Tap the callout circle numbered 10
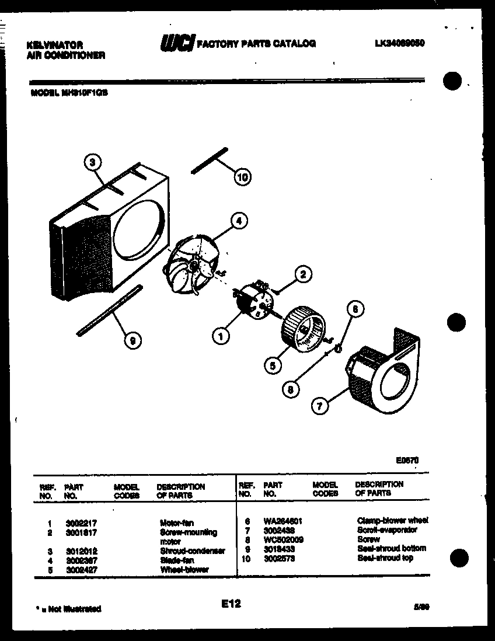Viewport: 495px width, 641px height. [x=243, y=176]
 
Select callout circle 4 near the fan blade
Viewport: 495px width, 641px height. [x=238, y=221]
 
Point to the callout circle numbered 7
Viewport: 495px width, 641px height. [x=319, y=407]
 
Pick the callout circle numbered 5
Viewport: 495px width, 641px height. [x=272, y=365]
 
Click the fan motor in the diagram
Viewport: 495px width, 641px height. [x=252, y=300]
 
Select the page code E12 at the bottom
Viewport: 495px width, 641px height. [x=231, y=604]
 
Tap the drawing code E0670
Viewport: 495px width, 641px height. [x=407, y=460]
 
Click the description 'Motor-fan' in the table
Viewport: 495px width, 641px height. [x=177, y=523]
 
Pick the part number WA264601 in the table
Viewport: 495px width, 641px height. [x=283, y=521]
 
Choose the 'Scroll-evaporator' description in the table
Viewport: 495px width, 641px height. [x=386, y=530]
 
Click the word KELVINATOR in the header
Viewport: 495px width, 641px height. [x=55, y=45]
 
